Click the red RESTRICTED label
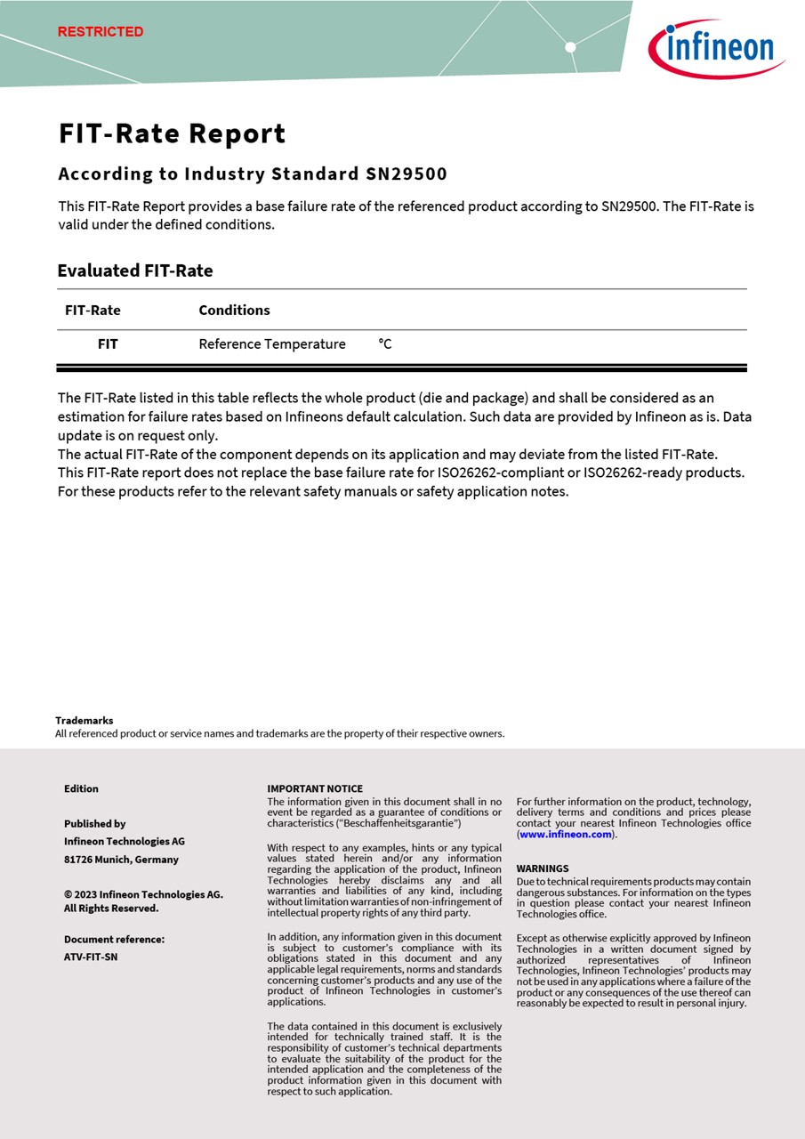101,32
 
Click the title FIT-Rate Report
173,134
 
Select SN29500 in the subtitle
407,174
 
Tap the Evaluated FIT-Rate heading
135,271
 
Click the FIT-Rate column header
93,310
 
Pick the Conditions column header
234,310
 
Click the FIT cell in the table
108,343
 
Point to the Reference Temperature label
272,343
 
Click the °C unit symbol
384,343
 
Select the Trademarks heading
84,720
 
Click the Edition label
81,788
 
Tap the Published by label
94,823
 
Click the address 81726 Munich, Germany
121,859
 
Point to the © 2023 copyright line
143,894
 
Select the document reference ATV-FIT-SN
91,957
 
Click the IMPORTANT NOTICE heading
315,788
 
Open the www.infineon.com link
566,834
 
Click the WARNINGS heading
543,868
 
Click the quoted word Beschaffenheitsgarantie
398,823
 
